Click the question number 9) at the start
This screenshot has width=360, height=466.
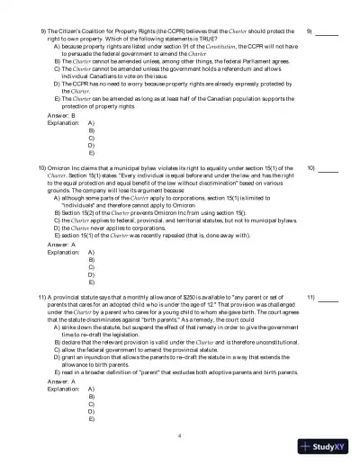pyautogui.click(x=45, y=31)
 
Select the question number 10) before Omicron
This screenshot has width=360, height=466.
pyautogui.click(x=43, y=168)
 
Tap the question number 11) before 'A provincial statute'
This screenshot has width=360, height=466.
pyautogui.click(x=43, y=296)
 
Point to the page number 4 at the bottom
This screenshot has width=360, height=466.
pyautogui.click(x=180, y=435)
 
